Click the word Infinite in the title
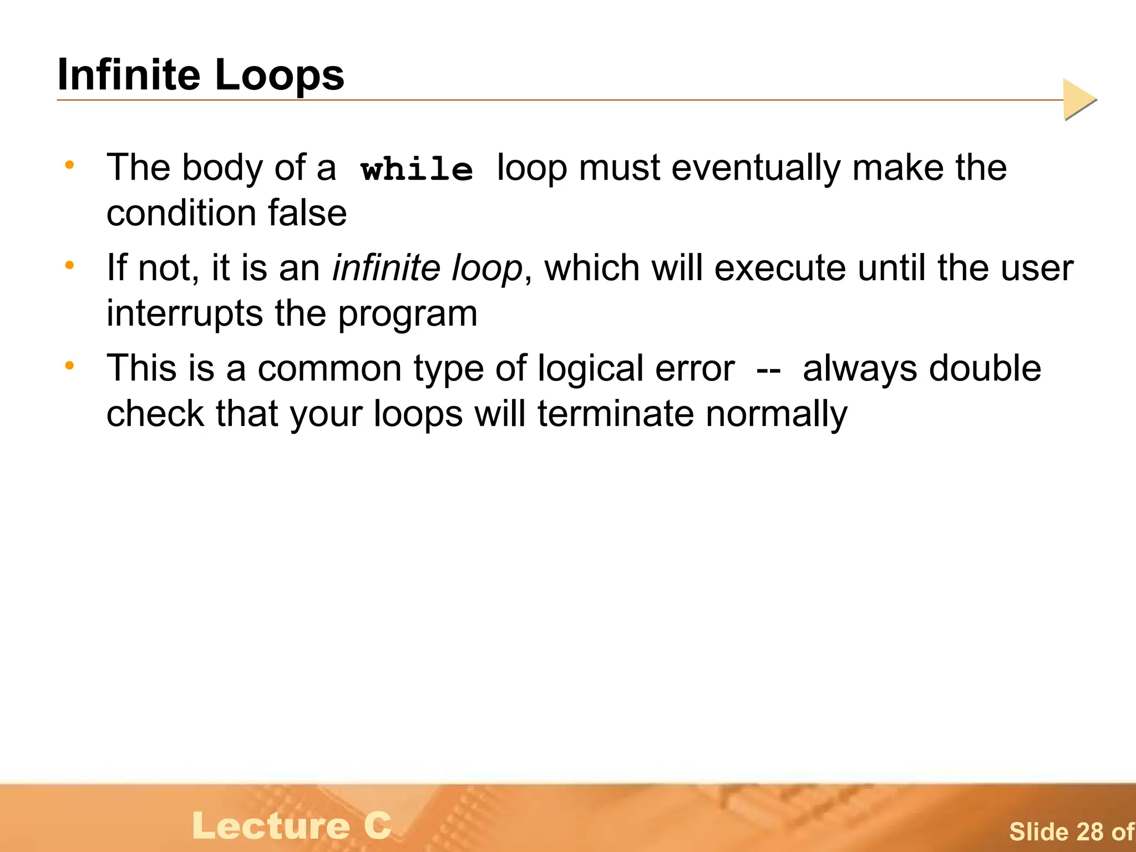pyautogui.click(x=129, y=75)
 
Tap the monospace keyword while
pyautogui.click(x=417, y=169)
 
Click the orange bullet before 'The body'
pyautogui.click(x=69, y=165)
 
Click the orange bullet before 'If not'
pyautogui.click(x=69, y=265)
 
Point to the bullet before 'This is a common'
pyautogui.click(x=69, y=366)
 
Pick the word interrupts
pyautogui.click(x=185, y=313)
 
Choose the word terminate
pyautogui.click(x=616, y=414)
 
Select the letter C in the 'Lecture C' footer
pyautogui.click(x=378, y=825)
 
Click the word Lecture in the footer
pyautogui.click(x=271, y=825)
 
